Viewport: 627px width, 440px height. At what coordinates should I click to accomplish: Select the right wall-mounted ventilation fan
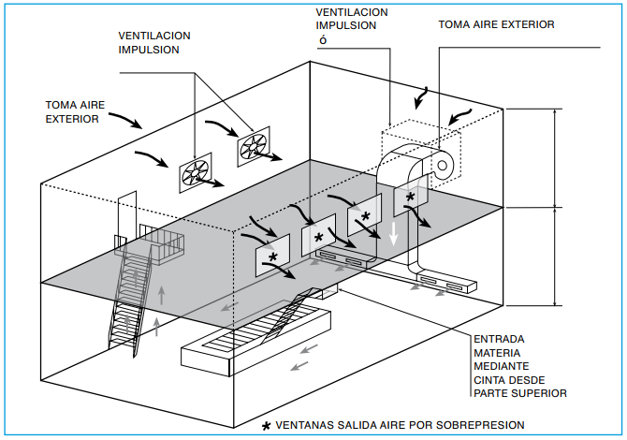coord(255,146)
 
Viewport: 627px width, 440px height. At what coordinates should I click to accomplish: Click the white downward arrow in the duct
coord(394,229)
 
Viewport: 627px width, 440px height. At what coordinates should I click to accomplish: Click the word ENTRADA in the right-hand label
coord(499,339)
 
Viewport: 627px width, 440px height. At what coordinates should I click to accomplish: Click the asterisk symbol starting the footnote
coord(267,425)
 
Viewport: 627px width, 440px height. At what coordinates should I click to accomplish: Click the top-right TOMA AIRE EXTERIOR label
coord(496,25)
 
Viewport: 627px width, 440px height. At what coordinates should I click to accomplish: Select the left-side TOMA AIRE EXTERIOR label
coord(71,112)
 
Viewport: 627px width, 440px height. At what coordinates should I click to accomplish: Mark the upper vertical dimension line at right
coord(559,157)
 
